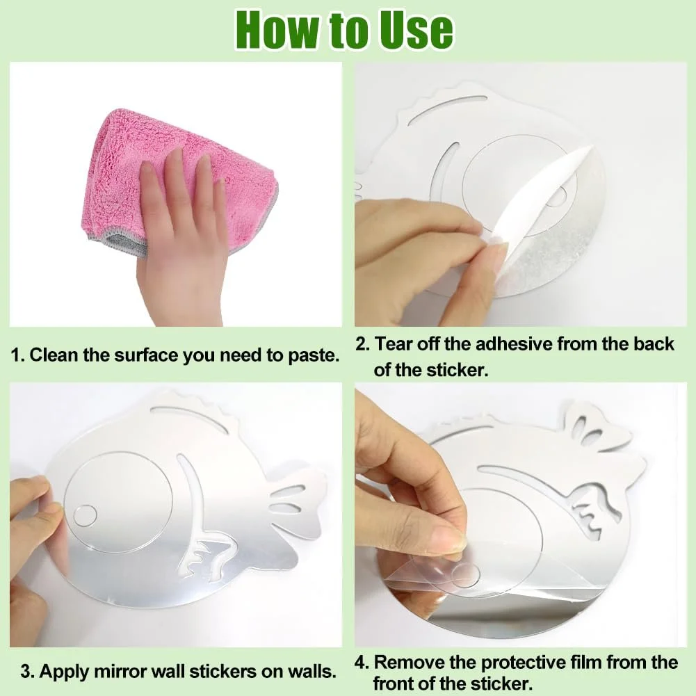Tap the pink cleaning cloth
(177, 177)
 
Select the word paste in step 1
(313, 355)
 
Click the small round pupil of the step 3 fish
(85, 516)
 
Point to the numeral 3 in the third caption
(25, 672)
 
